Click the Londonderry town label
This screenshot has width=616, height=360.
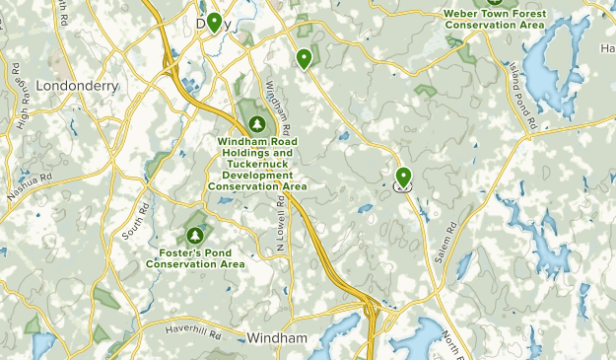(x=77, y=86)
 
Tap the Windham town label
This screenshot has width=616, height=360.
(x=277, y=337)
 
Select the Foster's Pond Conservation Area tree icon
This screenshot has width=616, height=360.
(x=195, y=236)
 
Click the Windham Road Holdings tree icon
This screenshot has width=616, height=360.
(x=257, y=125)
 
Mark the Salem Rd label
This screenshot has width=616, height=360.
(x=446, y=242)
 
